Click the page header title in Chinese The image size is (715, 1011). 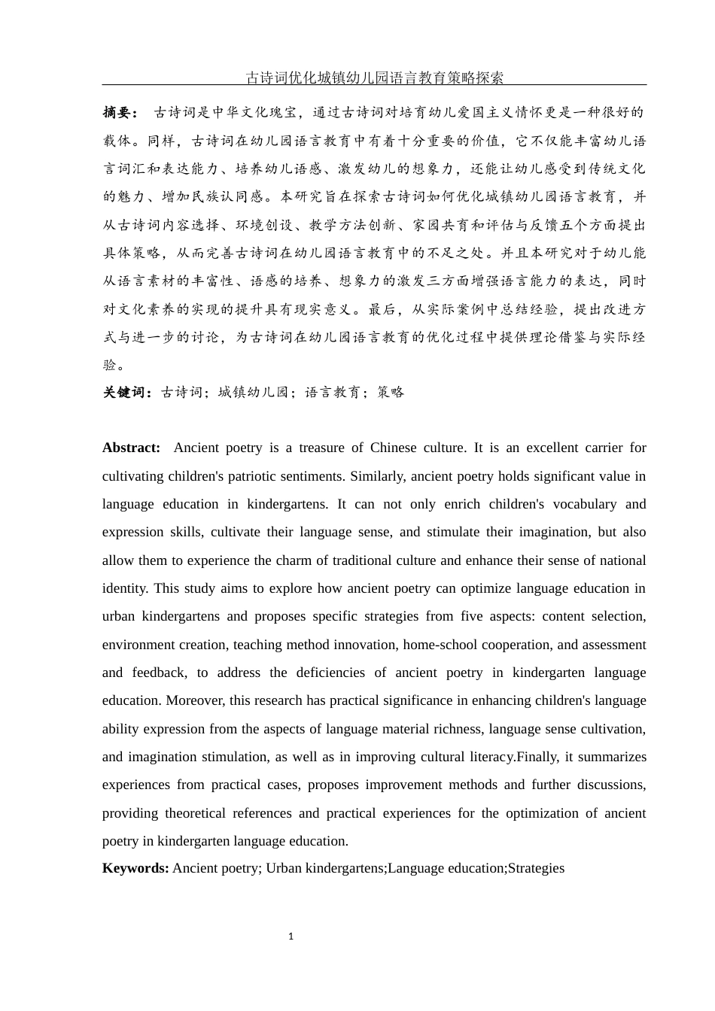374,77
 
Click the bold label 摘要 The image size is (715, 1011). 119,113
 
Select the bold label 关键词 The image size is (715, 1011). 128,392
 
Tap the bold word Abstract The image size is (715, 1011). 131,448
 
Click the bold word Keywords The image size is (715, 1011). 135,868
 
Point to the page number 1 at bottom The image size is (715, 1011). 291,937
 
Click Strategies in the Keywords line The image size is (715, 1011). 536,868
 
